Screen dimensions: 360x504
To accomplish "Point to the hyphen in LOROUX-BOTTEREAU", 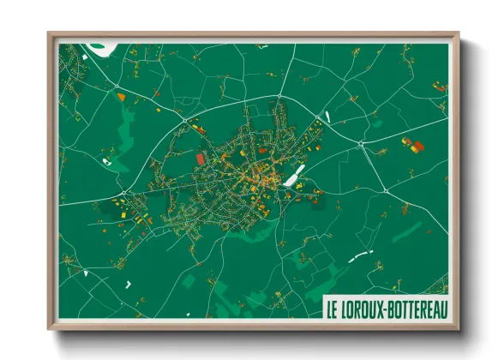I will [x=387, y=308].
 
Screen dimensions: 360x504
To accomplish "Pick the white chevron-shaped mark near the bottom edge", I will [x=128, y=283].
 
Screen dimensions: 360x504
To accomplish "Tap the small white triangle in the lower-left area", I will [x=87, y=273].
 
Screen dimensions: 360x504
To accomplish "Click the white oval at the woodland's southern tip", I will [x=107, y=161].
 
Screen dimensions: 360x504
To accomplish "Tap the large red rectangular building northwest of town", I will [x=201, y=159].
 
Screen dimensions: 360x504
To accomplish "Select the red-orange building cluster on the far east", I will [x=413, y=146].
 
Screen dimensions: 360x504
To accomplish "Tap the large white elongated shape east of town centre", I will [x=294, y=177].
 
